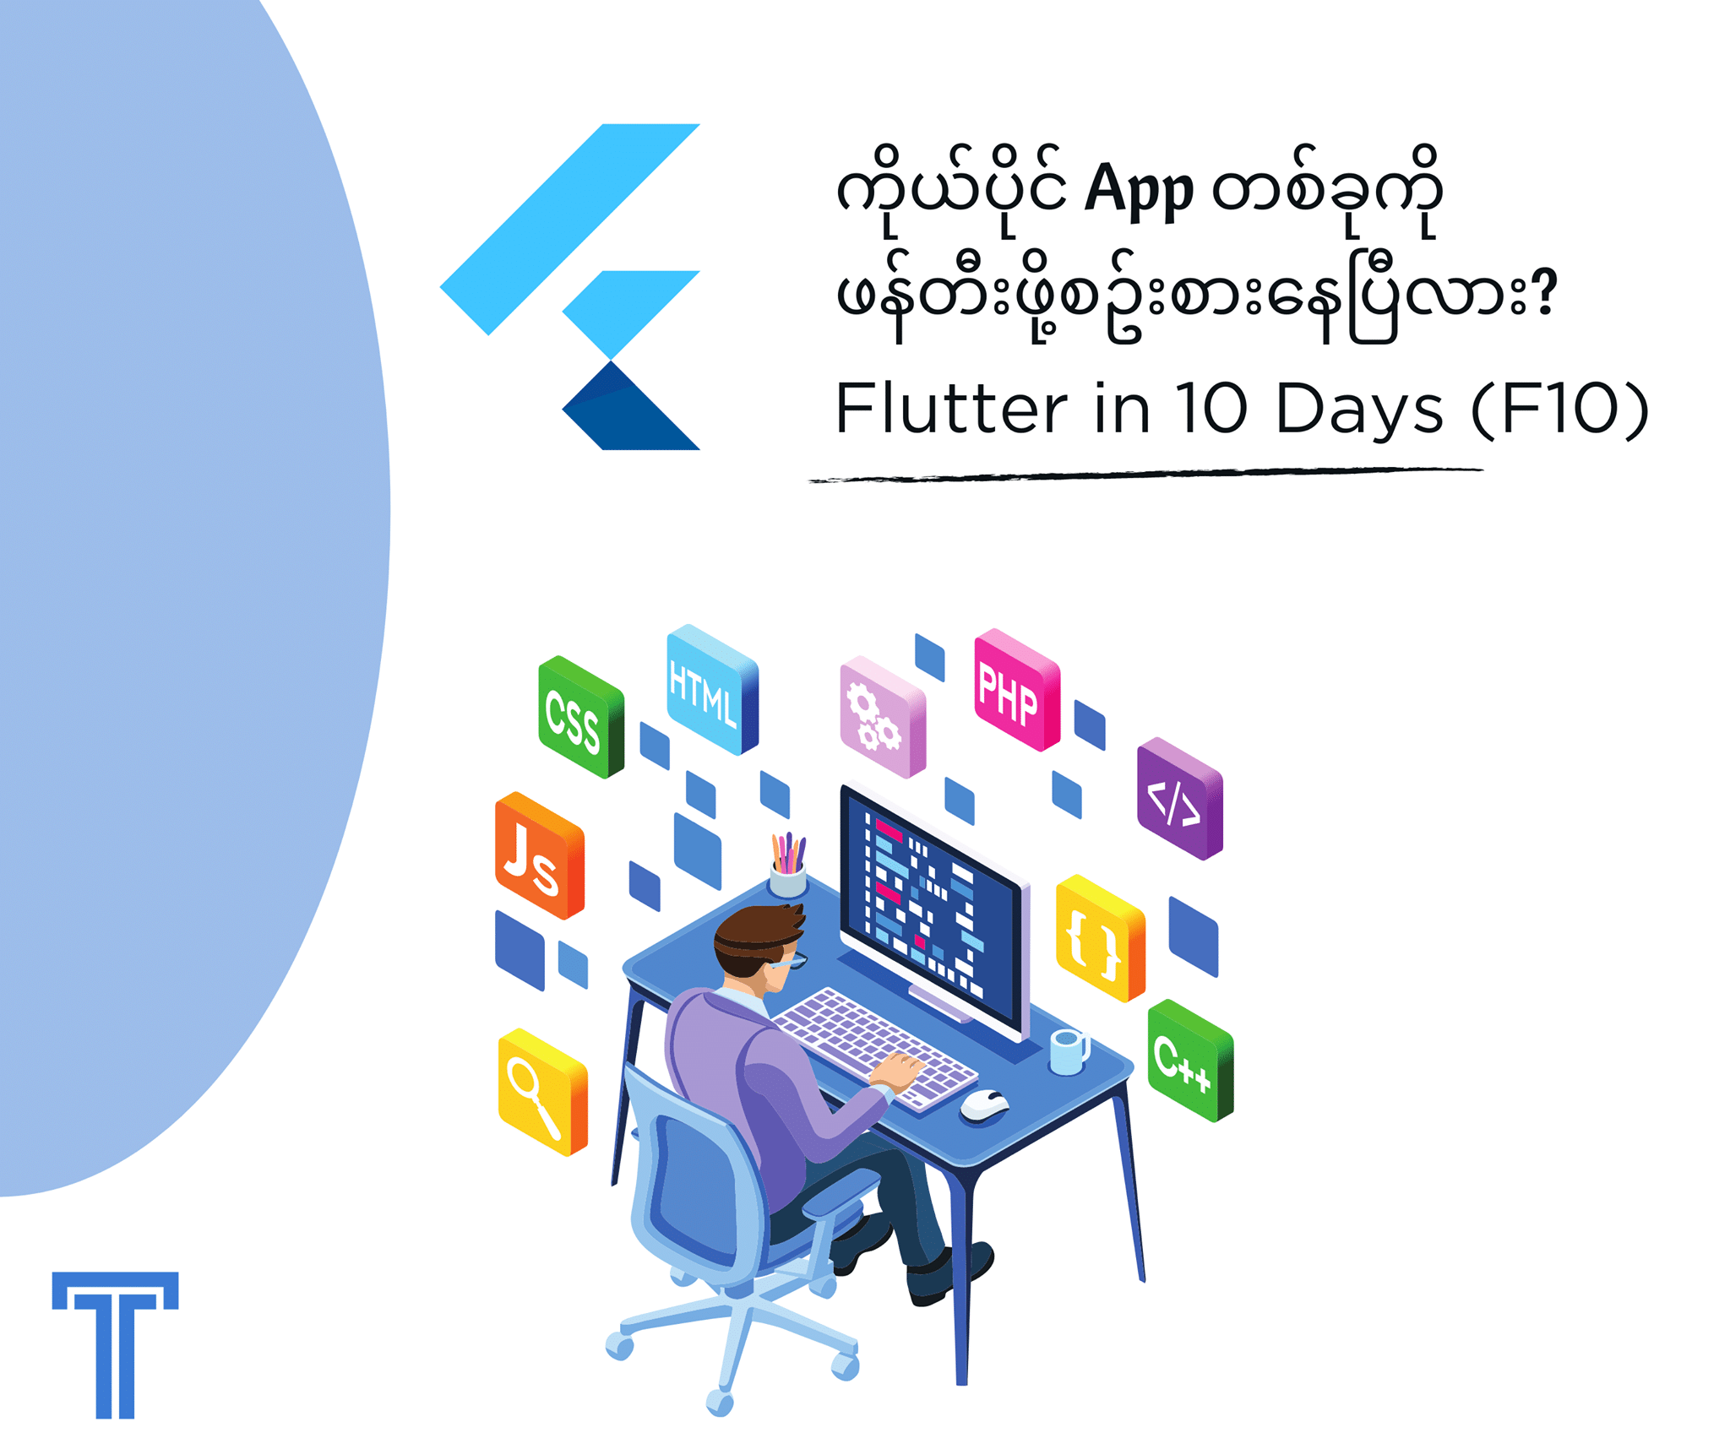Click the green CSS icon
pyautogui.click(x=581, y=716)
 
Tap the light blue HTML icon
pyautogui.click(x=712, y=689)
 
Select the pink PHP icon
pyautogui.click(x=1017, y=689)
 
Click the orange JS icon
pyautogui.click(x=539, y=855)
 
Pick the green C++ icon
pyautogui.click(x=1190, y=1060)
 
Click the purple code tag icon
pyautogui.click(x=1180, y=798)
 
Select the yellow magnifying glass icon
pyautogui.click(x=542, y=1091)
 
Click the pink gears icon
pyautogui.click(x=883, y=716)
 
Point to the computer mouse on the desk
pyautogui.click(x=984, y=1104)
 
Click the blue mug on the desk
pyautogui.click(x=1068, y=1052)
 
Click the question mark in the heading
pyautogui.click(x=1544, y=293)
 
